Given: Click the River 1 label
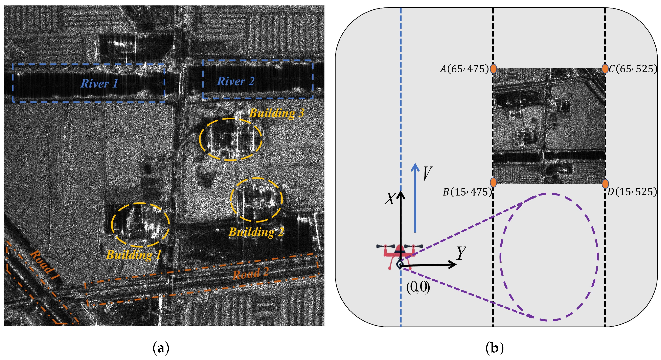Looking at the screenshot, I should point(99,83).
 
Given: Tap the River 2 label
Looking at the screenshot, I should point(235,81).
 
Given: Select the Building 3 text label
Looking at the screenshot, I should point(277,113).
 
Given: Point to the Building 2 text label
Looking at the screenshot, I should point(256,232).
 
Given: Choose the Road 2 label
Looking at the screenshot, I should point(250,274).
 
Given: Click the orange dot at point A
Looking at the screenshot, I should point(493,69).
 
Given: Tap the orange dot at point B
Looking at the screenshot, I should point(493,182).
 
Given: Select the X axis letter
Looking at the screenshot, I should point(389,199).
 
